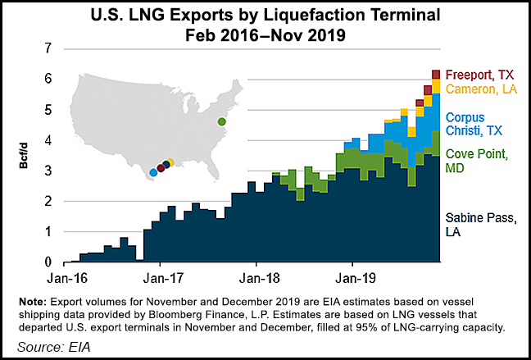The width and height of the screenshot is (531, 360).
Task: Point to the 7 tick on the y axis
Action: click(48, 48)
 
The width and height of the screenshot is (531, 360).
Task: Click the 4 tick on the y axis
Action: click(48, 140)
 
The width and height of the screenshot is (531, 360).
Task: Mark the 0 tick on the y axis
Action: click(48, 262)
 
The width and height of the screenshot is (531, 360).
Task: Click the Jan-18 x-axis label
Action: click(256, 278)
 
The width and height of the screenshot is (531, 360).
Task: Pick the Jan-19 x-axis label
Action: click(352, 278)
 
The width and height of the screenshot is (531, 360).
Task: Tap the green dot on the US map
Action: click(221, 122)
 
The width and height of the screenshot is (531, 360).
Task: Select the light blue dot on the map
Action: click(153, 173)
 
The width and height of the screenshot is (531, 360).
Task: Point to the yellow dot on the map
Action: click(170, 162)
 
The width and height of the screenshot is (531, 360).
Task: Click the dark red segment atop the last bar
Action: click(436, 75)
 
